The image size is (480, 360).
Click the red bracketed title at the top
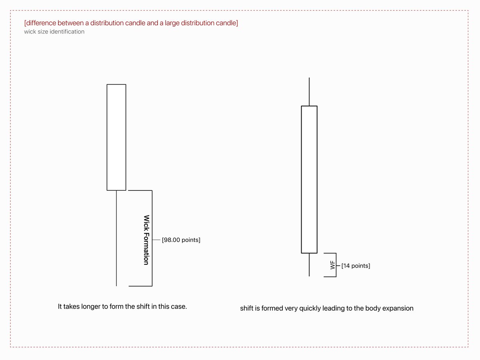point(131,23)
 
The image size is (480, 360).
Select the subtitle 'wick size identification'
point(54,32)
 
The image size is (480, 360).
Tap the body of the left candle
point(116,137)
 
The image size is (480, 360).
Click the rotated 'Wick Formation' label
point(146,240)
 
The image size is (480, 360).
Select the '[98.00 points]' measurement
point(181,240)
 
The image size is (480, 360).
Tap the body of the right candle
point(309,179)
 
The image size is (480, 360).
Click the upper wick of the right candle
point(309,92)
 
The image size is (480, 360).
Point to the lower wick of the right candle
point(309,265)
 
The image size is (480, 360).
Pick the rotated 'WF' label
point(332,265)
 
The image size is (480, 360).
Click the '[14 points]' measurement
point(356,266)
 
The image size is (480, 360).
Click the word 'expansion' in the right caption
point(398,308)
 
